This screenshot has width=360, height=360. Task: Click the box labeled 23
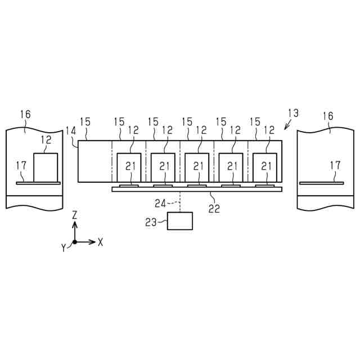click(180, 221)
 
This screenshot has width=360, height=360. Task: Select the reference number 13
click(292, 112)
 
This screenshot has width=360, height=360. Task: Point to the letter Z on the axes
click(75, 215)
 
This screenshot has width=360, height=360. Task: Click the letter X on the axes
click(100, 242)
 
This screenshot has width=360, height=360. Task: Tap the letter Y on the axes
click(64, 247)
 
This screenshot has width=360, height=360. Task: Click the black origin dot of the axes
click(75, 242)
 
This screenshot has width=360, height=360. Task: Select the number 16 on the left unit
click(25, 115)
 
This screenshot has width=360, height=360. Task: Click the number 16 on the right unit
click(327, 116)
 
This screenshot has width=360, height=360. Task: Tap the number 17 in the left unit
click(21, 165)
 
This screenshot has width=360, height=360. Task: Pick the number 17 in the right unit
click(335, 165)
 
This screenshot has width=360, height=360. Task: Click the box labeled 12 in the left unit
click(46, 167)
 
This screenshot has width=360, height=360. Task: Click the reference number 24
click(160, 204)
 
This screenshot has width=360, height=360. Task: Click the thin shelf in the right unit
click(321, 182)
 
